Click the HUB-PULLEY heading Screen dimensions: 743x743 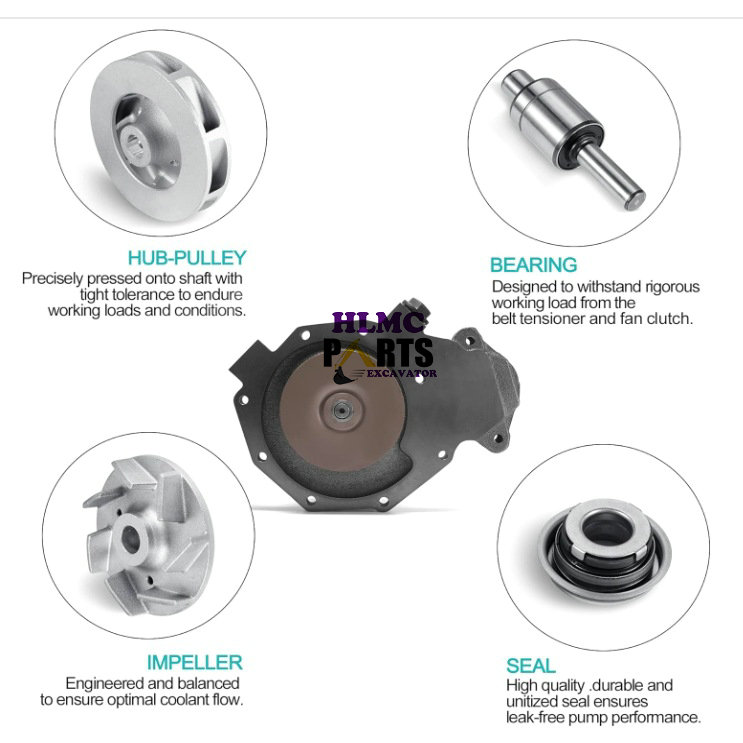[x=187, y=258]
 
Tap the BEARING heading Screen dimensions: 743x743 [x=534, y=265]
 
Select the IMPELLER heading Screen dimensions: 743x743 [x=194, y=662]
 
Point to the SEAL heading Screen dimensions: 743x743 [x=531, y=666]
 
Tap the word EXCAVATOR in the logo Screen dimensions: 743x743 [x=402, y=373]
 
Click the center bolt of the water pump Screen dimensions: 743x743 [x=341, y=410]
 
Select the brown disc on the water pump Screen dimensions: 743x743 [x=341, y=411]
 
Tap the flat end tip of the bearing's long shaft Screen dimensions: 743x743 [x=635, y=200]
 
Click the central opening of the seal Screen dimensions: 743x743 [x=607, y=528]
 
